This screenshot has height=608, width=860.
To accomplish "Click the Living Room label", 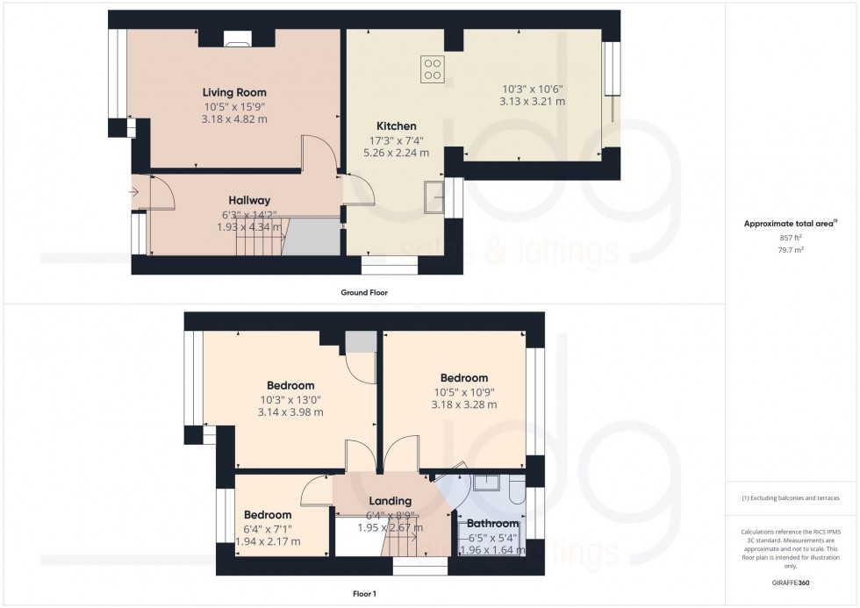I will pyautogui.click(x=234, y=92).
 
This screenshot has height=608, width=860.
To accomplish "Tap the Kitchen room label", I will pyautogui.click(x=397, y=125).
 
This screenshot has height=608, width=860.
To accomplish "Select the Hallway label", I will pyautogui.click(x=249, y=200).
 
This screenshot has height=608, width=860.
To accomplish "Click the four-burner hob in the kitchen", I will pyautogui.click(x=432, y=68).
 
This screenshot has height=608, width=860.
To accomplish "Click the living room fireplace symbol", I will pyautogui.click(x=237, y=37).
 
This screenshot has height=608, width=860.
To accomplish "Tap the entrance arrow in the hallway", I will pyautogui.click(x=133, y=190).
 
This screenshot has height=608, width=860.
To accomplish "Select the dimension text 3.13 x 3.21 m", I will pyautogui.click(x=533, y=102).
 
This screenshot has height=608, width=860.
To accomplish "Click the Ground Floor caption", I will pyautogui.click(x=364, y=292).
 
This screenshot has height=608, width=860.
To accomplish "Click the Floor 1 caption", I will pyautogui.click(x=363, y=594).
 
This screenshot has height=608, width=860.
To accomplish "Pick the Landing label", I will pyautogui.click(x=391, y=501).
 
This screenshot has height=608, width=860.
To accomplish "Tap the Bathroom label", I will pyautogui.click(x=492, y=524).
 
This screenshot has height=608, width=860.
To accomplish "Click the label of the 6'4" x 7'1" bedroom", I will pyautogui.click(x=268, y=515).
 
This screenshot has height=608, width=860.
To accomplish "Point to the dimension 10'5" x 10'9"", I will pyautogui.click(x=464, y=391).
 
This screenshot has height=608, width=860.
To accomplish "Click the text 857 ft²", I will pyautogui.click(x=792, y=237).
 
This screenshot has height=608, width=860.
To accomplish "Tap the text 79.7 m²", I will pyautogui.click(x=792, y=249).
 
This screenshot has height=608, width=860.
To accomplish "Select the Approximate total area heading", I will pyautogui.click(x=790, y=224).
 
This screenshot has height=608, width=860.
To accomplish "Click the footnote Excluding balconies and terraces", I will pyautogui.click(x=791, y=497).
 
